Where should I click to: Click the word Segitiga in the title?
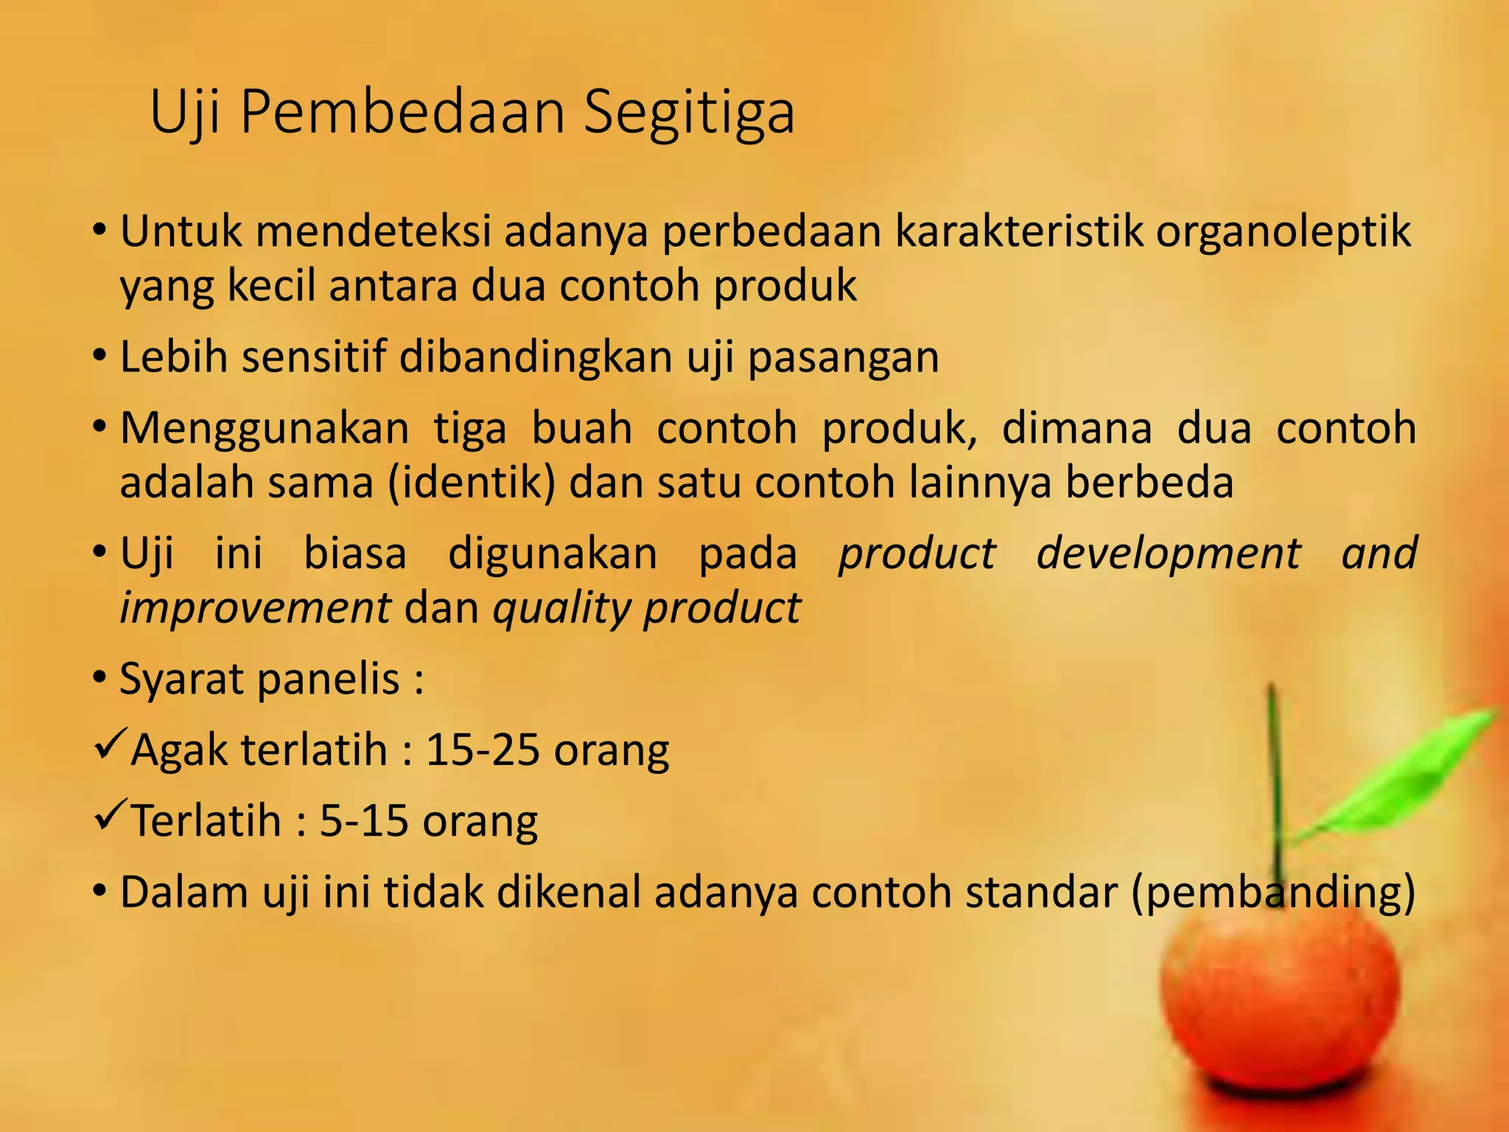click(689, 112)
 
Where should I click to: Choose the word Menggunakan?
click(264, 430)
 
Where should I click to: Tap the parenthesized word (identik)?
click(471, 483)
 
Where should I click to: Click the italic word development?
click(1168, 554)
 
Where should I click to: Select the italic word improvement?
click(255, 609)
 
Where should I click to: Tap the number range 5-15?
click(363, 821)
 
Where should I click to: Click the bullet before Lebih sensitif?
click(100, 356)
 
